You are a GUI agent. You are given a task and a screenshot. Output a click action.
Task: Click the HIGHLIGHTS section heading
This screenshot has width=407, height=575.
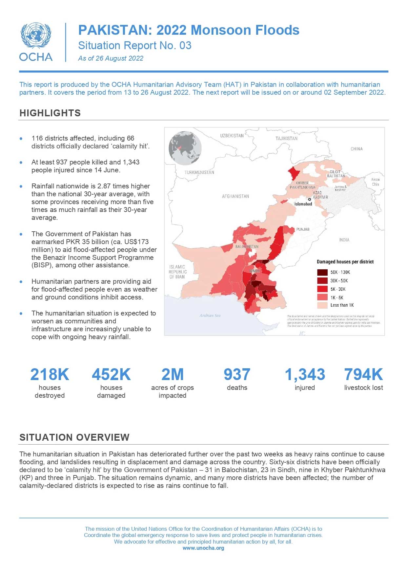tap(50, 113)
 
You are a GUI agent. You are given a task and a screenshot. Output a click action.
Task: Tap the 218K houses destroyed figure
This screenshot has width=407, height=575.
tap(50, 374)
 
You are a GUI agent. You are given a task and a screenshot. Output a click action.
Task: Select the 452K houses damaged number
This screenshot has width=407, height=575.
tap(111, 374)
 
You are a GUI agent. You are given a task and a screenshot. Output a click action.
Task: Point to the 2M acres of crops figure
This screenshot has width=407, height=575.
tap(173, 374)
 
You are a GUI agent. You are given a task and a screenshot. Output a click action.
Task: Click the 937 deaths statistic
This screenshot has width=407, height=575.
tap(237, 374)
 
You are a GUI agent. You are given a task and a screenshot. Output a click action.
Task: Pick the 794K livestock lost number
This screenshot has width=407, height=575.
tap(363, 374)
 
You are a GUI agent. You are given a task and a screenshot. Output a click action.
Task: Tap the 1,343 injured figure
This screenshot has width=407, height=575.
tap(305, 374)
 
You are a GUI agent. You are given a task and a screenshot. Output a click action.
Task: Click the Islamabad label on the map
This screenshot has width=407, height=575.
tap(303, 204)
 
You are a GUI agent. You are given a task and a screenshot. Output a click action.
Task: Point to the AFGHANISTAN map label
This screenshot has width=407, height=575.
tap(235, 196)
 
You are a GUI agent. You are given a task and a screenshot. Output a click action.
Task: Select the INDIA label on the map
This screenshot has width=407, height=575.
tap(344, 240)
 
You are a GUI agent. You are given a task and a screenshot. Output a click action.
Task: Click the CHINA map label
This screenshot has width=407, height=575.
tap(356, 149)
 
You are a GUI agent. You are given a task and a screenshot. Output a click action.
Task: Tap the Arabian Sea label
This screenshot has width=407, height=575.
tap(210, 316)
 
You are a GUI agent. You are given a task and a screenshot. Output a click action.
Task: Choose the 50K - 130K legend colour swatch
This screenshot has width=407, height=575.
tap(322, 272)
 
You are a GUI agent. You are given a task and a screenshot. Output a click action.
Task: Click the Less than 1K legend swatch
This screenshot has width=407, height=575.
tap(322, 305)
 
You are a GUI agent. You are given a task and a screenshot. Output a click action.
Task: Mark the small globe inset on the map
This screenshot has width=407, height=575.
tap(185, 148)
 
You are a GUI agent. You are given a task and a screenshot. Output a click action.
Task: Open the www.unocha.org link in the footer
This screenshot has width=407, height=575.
tap(203, 548)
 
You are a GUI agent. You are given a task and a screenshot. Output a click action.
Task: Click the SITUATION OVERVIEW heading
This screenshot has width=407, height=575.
tap(74, 437)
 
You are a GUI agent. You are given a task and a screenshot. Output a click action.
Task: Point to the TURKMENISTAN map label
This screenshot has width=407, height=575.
tap(199, 172)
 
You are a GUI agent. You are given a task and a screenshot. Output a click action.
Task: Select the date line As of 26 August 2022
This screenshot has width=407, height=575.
tap(111, 58)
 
